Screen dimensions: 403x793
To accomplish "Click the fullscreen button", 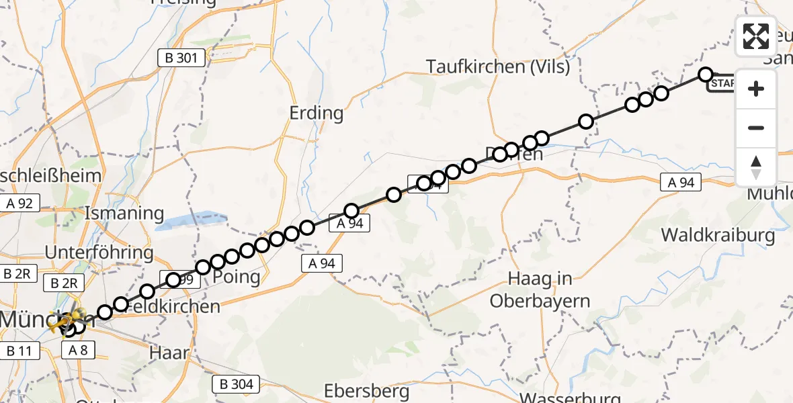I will click(756, 36).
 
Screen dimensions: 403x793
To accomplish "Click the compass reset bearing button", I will click(756, 167).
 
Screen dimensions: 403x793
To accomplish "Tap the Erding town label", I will click(316, 113).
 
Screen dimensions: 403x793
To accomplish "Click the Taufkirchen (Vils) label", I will click(498, 66).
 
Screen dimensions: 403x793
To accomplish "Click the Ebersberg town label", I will click(366, 390).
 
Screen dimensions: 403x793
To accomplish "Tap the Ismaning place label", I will click(124, 214).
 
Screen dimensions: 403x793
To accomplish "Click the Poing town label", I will click(236, 277).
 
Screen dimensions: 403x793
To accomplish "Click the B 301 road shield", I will click(181, 58).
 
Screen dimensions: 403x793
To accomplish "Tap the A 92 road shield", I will click(20, 203).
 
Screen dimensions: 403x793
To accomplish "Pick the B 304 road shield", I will click(237, 384).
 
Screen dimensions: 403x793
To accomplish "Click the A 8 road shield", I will click(79, 349).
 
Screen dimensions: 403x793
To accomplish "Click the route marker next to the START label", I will click(705, 74).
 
